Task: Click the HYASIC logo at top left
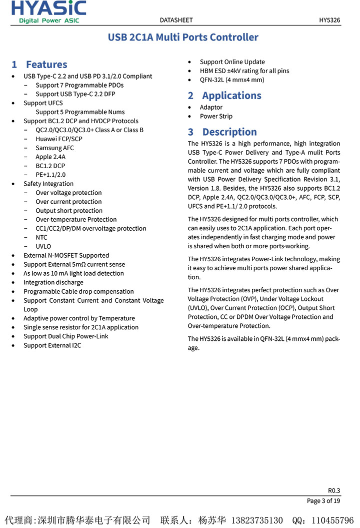click(48, 12)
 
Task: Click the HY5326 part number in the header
click(329, 20)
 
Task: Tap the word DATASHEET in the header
click(176, 20)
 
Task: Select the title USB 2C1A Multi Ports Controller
click(183, 38)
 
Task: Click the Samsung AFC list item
click(54, 148)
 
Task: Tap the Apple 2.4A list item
click(50, 157)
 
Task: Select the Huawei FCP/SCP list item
click(59, 139)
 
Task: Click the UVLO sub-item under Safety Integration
click(43, 247)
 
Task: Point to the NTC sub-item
click(41, 238)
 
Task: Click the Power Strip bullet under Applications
click(216, 117)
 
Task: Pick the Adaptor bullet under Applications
click(211, 108)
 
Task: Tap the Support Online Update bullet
click(232, 62)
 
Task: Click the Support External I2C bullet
click(52, 345)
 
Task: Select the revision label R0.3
click(334, 490)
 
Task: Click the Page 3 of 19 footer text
click(323, 501)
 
